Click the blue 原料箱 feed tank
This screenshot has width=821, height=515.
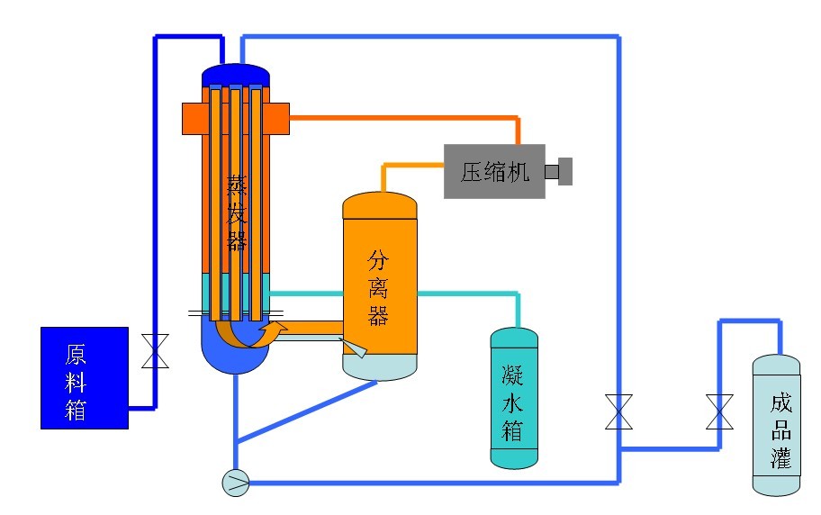[85, 378]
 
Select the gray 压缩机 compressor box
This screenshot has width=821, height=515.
[494, 171]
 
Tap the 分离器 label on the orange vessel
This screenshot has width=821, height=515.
[378, 288]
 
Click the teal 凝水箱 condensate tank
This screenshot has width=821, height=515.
[514, 398]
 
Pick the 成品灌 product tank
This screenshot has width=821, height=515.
[776, 425]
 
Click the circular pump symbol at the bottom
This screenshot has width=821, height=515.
[236, 482]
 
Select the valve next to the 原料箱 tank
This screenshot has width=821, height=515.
[156, 351]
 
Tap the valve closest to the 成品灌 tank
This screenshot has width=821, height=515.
[719, 411]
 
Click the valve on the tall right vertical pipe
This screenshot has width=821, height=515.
[618, 411]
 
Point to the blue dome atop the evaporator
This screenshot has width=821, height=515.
[236, 75]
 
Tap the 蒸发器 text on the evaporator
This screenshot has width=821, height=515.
[236, 212]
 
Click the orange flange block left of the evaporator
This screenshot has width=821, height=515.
[192, 119]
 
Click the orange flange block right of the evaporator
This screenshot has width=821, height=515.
[279, 119]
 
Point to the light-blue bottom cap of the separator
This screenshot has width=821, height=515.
[380, 367]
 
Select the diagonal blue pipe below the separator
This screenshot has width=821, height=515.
[306, 411]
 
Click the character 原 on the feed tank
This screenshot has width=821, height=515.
[76, 355]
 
